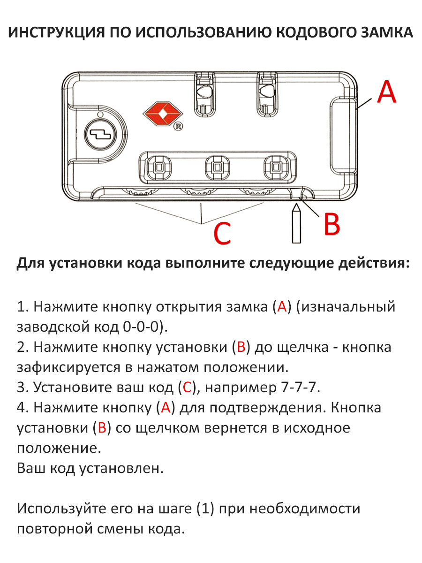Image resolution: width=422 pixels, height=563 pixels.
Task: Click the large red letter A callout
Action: pos(387,91)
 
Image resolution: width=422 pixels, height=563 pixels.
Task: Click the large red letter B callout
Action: pos(332,224)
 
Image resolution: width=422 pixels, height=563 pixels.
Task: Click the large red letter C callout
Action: pos(222,233)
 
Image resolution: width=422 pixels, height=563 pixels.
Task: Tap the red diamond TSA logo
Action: pos(163,114)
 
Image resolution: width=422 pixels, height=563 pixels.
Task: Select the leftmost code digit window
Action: pos(158,167)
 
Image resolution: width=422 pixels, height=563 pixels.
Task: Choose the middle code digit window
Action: pos(217,167)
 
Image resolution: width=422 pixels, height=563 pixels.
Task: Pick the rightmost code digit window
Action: pos(276,167)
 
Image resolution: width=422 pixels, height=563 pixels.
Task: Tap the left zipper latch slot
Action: pos(205,94)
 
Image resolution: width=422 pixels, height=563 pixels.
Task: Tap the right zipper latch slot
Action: pos(267,94)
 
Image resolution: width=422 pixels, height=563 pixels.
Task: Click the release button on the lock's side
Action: pos(343,136)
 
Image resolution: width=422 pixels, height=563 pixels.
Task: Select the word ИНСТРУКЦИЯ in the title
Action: pos(57,32)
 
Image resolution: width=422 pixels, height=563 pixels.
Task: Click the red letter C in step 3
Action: pos(187,388)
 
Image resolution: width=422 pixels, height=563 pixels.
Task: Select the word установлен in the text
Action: pos(121,468)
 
